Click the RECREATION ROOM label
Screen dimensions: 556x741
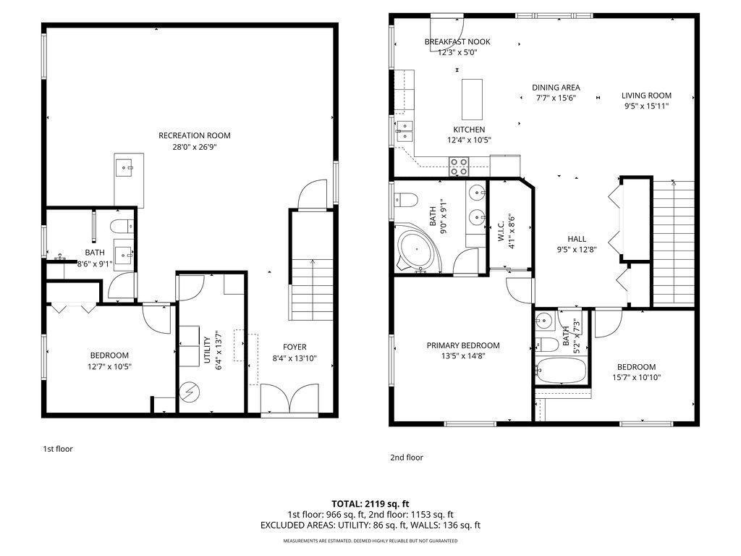tap(194, 135)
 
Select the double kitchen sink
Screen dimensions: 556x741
tap(403, 130)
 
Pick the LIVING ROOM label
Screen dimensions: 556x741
tap(646, 96)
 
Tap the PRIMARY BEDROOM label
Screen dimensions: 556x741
tap(462, 345)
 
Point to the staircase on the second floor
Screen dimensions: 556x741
tap(674, 243)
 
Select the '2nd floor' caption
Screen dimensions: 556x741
tap(406, 458)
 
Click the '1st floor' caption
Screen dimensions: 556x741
tap(58, 449)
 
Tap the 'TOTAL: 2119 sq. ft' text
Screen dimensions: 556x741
tap(370, 503)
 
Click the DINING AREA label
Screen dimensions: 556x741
tap(556, 88)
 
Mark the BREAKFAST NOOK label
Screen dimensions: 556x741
tap(457, 42)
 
